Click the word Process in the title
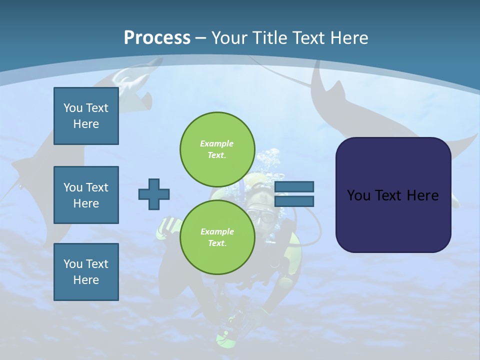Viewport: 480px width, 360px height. [x=157, y=38]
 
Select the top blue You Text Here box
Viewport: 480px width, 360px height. [x=86, y=116]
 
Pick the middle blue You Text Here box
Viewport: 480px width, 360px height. [x=86, y=195]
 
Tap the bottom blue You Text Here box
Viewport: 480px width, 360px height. [x=86, y=272]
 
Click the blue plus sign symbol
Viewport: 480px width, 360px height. [x=154, y=194]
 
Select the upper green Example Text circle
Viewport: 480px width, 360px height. [x=217, y=149]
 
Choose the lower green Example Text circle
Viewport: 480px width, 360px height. [x=217, y=237]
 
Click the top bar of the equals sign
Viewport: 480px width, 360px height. [x=294, y=186]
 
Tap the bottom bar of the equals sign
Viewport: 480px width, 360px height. [x=294, y=201]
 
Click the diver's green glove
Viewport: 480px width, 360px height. [x=167, y=227]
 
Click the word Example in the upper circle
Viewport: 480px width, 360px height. [x=216, y=143]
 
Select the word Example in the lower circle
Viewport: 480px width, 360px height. [x=217, y=231]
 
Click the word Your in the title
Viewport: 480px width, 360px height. [x=228, y=38]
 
